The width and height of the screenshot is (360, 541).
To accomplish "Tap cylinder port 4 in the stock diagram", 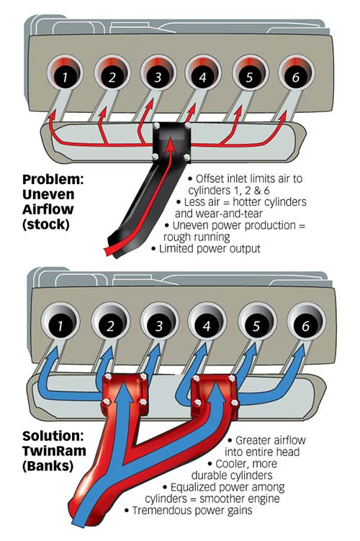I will point(202,73).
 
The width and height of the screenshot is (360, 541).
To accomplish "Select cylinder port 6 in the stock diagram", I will point(293,73).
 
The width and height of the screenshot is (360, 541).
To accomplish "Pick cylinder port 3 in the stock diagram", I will point(156,73).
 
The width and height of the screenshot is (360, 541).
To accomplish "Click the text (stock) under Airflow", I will point(52,228).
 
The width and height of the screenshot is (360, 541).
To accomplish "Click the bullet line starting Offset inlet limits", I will point(243,177).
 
